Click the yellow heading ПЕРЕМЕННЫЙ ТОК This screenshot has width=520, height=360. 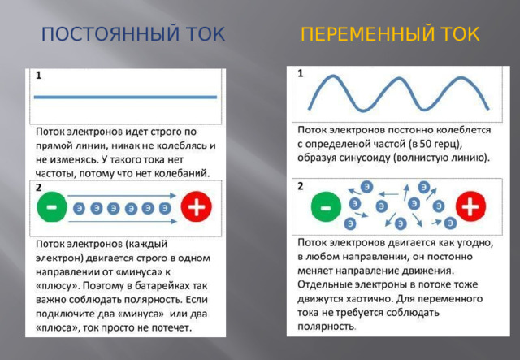pyautogui.click(x=390, y=35)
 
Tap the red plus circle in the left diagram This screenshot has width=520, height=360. pyautogui.click(x=196, y=208)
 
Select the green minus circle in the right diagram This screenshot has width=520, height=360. pyautogui.click(x=325, y=207)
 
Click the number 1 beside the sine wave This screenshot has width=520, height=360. pyautogui.click(x=301, y=73)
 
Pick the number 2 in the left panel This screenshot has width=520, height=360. pyautogui.click(x=38, y=188)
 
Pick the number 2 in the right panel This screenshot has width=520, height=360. pyautogui.click(x=301, y=186)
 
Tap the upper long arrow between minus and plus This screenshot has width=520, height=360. pyautogui.click(x=122, y=194)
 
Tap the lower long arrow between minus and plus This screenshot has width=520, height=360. pyautogui.click(x=122, y=221)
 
